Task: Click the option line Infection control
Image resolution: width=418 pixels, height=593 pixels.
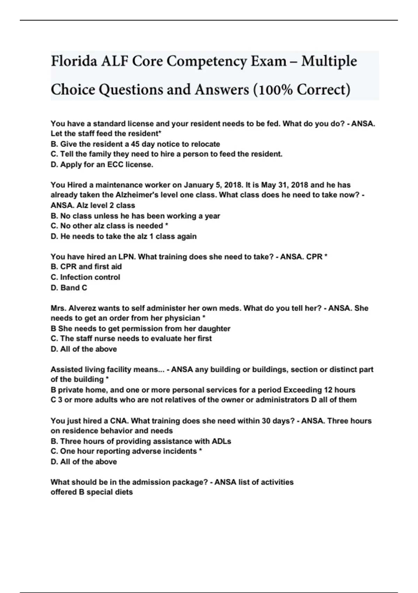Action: point(85,277)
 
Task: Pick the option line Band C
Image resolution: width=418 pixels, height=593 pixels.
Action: point(69,288)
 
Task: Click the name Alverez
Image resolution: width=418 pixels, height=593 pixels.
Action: point(82,308)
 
